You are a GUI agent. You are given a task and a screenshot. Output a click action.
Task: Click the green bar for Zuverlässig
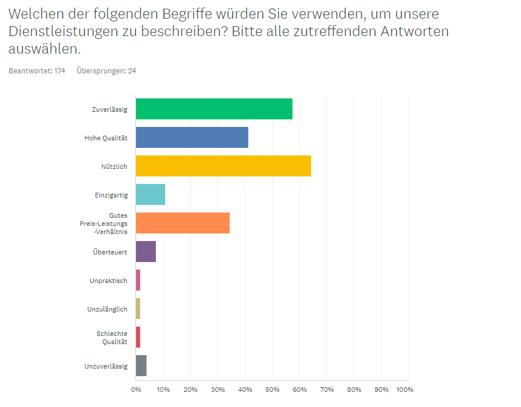[214, 109]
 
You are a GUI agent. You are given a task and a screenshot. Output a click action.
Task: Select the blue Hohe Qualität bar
[192, 137]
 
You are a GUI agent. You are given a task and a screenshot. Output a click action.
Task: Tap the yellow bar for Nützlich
[223, 166]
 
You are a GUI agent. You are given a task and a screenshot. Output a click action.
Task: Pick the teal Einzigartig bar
[151, 194]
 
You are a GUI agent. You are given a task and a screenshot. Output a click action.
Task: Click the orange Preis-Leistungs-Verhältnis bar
[183, 223]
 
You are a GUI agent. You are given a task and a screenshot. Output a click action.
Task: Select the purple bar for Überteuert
[146, 252]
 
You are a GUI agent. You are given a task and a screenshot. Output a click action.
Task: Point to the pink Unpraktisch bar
[138, 280]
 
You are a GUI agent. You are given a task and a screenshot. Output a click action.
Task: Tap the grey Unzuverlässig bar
[141, 366]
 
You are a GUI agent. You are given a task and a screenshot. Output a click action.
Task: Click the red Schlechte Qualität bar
[138, 337]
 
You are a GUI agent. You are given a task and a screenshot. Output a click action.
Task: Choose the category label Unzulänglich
[107, 309]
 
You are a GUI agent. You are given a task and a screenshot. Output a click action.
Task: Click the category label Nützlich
[114, 166]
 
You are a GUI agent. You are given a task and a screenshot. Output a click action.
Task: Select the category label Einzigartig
[110, 195]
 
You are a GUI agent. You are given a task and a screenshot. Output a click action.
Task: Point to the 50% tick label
[272, 389]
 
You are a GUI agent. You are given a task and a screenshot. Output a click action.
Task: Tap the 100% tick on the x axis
[405, 389]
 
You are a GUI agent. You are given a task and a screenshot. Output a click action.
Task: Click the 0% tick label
[136, 389]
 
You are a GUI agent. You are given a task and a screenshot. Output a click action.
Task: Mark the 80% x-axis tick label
[354, 389]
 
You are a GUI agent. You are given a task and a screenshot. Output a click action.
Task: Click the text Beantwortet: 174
[37, 71]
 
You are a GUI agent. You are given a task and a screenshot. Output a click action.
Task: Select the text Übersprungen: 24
[106, 71]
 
